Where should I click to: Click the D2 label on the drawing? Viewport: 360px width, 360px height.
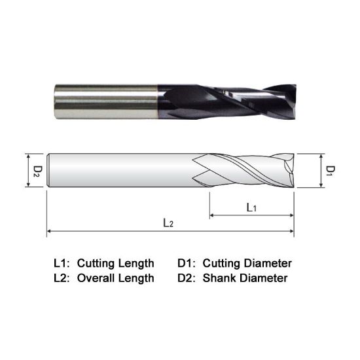coord(37,171)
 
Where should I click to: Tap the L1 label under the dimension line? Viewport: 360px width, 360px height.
coord(251,207)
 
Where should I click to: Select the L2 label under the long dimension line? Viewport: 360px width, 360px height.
coord(168,223)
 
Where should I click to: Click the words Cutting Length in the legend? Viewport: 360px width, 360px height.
coord(116,264)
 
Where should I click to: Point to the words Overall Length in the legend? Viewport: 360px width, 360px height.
coord(116,278)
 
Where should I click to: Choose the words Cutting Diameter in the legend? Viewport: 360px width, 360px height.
coord(247,264)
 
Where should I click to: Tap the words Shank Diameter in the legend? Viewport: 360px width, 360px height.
coord(245,278)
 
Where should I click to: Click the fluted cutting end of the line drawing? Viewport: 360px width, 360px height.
coord(245,171)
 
